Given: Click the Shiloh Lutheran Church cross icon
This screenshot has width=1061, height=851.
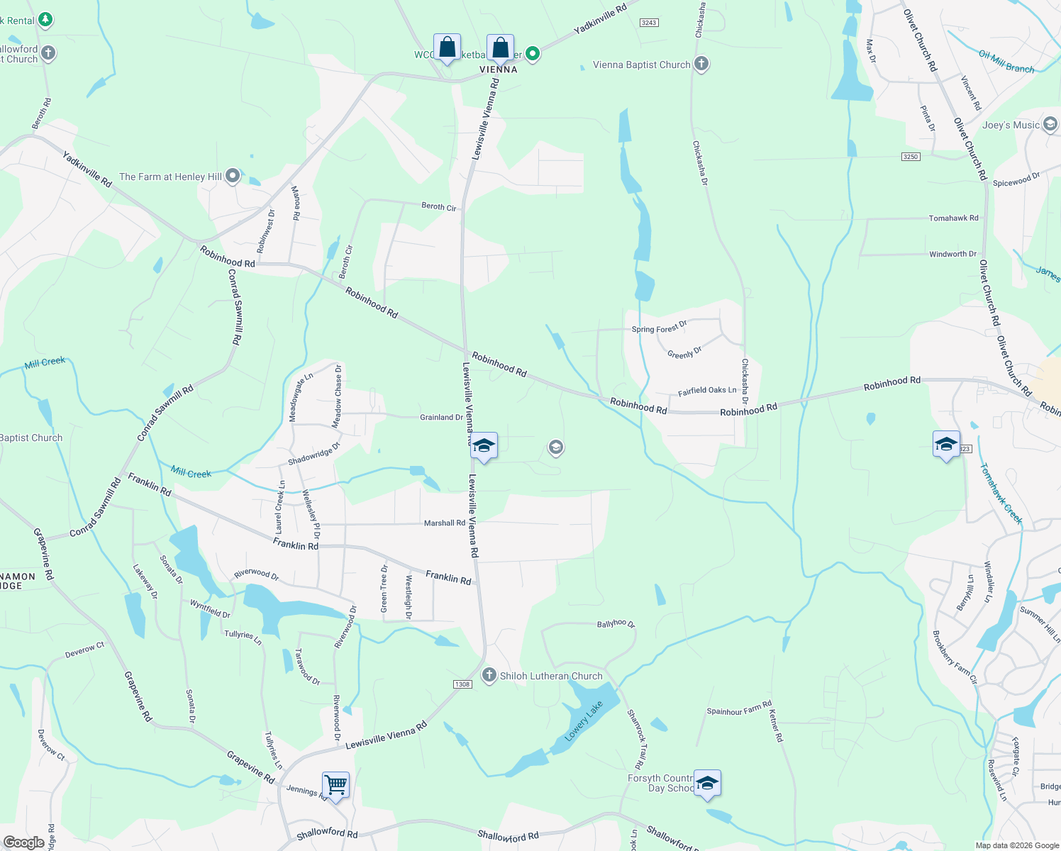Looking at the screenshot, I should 489,675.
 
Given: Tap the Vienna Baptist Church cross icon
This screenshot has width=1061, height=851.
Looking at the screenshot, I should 701,65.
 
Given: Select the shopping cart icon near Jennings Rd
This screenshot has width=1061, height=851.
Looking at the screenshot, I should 335,785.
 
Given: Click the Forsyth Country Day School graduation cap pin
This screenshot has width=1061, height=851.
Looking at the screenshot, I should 707,783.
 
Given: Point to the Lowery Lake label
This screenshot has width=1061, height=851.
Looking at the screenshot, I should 583,721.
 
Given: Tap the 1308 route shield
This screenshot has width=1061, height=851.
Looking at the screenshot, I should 462,684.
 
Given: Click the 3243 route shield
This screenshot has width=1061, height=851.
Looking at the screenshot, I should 649,23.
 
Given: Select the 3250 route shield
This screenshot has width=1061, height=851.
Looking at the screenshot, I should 911,157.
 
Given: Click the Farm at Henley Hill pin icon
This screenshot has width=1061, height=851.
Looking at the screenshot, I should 233,177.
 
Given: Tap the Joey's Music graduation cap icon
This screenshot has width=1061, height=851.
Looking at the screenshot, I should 1050,125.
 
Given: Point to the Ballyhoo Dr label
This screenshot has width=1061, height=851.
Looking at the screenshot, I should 616,623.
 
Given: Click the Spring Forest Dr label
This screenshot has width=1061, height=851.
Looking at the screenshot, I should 659,328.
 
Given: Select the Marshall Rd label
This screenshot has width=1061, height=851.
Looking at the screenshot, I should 445,523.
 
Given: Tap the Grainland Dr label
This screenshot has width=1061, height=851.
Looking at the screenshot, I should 441,417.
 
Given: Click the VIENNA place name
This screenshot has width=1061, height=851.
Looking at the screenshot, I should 499,69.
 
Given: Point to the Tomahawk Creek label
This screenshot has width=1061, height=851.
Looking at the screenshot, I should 1001,494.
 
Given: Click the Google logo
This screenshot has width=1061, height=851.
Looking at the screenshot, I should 23,842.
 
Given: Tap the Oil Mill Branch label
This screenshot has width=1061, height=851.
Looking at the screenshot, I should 1006,62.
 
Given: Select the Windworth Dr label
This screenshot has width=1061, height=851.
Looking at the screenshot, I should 952,254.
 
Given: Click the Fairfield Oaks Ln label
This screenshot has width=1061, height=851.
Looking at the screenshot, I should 707,391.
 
